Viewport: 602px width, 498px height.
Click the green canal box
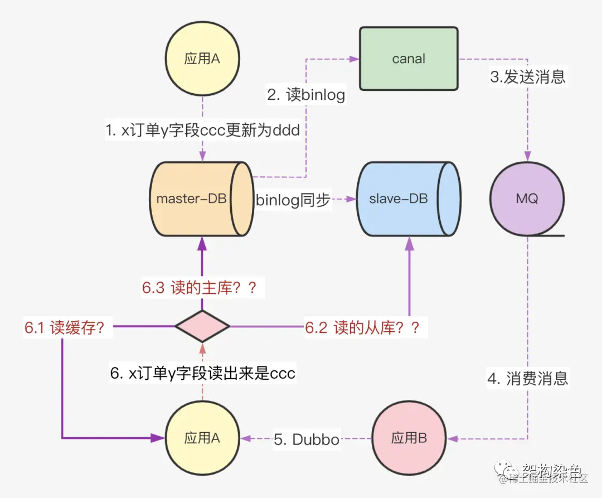[x=408, y=59]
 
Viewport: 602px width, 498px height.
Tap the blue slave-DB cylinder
[x=398, y=199]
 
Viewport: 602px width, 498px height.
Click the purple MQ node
[x=526, y=199]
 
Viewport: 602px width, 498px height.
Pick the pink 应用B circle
[x=409, y=438]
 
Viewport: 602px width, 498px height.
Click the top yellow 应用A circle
[x=202, y=59]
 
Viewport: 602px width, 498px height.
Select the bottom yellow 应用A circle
[x=202, y=438]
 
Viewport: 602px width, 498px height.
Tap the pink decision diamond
[x=202, y=326]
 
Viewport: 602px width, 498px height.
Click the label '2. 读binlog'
[x=306, y=95]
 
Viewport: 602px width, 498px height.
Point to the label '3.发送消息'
[x=527, y=76]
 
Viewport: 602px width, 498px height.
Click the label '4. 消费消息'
[x=527, y=379]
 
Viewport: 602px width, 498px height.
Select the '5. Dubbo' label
[x=306, y=439]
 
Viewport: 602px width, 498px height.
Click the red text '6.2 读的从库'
[x=362, y=327]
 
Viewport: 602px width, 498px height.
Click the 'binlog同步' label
[x=293, y=200]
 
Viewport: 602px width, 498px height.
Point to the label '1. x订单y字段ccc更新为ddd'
[x=203, y=130]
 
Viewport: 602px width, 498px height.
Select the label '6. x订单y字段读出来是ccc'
[x=202, y=373]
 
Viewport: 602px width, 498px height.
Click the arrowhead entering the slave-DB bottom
[x=410, y=243]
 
